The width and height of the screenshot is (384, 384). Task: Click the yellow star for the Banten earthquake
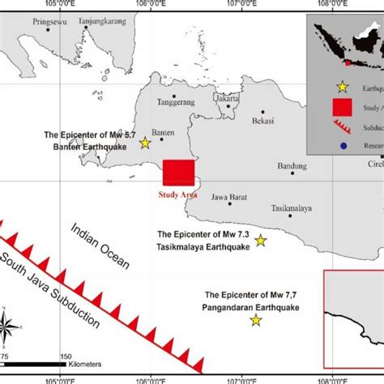click(x=145, y=143)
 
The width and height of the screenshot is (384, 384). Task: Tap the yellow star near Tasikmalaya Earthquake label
click(x=261, y=240)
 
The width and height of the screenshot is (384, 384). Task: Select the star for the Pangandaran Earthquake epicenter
click(x=256, y=321)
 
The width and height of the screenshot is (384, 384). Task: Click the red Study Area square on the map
click(x=178, y=173)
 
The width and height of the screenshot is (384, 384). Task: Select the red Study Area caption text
click(x=177, y=194)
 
